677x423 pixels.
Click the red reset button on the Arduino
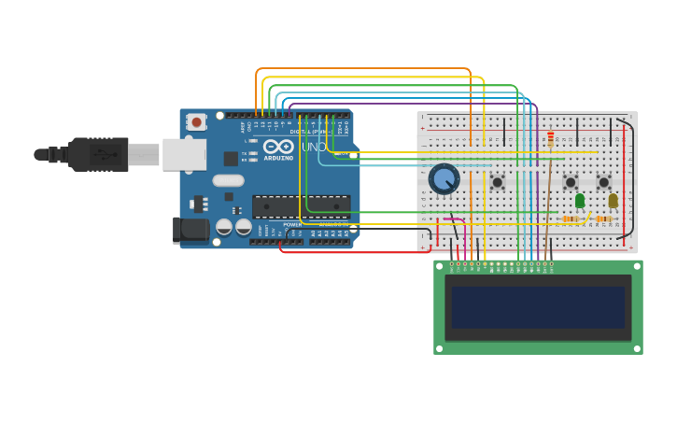coord(196,121)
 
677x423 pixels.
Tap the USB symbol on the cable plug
coord(99,155)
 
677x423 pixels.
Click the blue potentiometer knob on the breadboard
coord(444,178)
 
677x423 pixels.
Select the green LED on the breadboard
coord(580,200)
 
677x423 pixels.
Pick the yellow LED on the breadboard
coord(613,200)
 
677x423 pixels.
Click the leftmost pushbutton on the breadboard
coord(497,182)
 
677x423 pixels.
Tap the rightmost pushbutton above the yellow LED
coord(603,182)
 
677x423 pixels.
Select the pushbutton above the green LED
coord(571,182)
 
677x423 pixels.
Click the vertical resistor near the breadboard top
coord(551,138)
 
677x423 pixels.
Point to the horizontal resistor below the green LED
coord(570,219)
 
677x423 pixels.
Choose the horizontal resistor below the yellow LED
coord(603,219)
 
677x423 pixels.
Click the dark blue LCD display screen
coord(538,307)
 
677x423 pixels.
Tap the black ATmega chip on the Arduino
coord(301,206)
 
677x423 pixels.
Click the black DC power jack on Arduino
coord(191,229)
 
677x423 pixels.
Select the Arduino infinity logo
coord(277,147)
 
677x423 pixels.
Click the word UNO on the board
coord(314,148)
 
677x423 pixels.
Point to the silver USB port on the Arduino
coord(184,154)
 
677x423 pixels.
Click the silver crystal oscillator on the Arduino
coord(228,180)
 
